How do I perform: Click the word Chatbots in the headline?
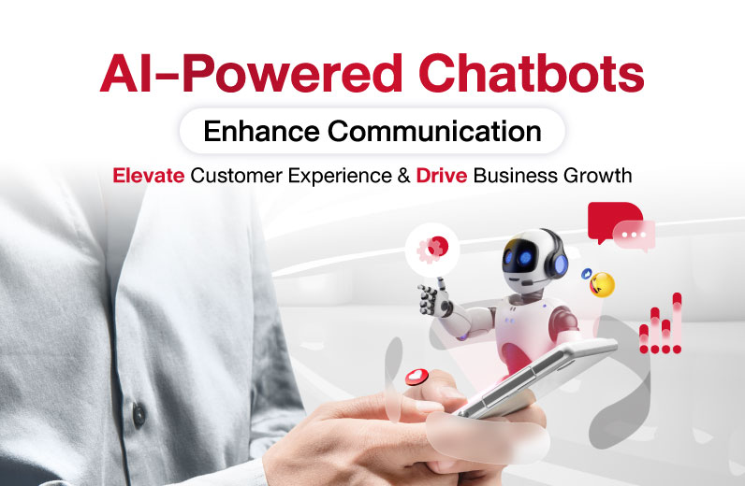click(532, 74)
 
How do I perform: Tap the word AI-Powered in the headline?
click(252, 74)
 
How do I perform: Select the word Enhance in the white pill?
click(261, 131)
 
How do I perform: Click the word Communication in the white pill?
click(435, 131)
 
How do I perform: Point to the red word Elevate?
click(149, 176)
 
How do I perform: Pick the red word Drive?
click(442, 176)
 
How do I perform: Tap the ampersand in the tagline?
click(404, 176)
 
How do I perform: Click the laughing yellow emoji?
click(602, 285)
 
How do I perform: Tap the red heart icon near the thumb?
click(416, 377)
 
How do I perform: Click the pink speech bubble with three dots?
click(634, 236)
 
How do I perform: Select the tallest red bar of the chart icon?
click(677, 322)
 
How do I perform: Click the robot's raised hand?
click(433, 299)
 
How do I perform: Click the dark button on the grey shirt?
click(139, 414)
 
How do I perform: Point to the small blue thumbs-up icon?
click(587, 274)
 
